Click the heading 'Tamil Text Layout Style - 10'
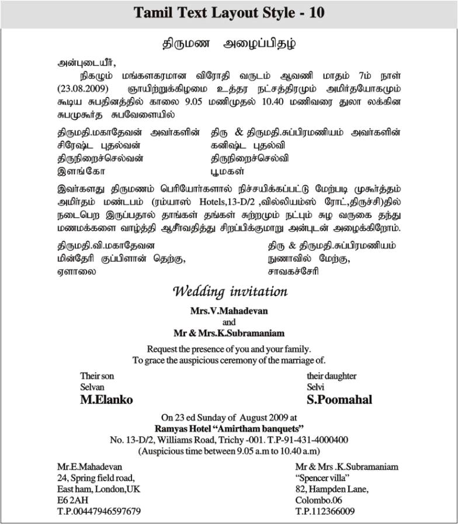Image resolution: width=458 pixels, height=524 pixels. (229, 13)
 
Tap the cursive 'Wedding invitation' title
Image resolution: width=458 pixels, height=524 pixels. (230, 291)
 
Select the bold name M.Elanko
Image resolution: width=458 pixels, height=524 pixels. (106, 400)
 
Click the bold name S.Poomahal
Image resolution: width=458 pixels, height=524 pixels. (339, 400)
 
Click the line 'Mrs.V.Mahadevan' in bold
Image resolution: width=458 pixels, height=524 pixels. (229, 311)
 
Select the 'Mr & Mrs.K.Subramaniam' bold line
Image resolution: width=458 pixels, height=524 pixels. (229, 334)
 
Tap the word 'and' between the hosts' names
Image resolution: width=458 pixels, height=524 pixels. (229, 322)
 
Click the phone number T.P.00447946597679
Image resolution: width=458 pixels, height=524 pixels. (99, 511)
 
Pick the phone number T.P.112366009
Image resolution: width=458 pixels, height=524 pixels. (325, 511)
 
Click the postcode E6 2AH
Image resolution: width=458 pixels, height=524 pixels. (71, 500)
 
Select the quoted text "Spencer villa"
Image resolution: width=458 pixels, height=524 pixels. (320, 478)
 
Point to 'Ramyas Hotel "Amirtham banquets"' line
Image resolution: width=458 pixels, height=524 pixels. (228, 428)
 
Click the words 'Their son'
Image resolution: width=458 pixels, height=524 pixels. (97, 376)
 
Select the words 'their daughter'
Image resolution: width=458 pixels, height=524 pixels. (331, 376)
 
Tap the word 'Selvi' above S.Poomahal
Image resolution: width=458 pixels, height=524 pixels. (315, 387)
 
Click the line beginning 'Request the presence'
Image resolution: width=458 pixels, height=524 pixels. (229, 349)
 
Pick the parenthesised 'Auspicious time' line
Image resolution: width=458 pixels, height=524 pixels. (228, 451)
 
